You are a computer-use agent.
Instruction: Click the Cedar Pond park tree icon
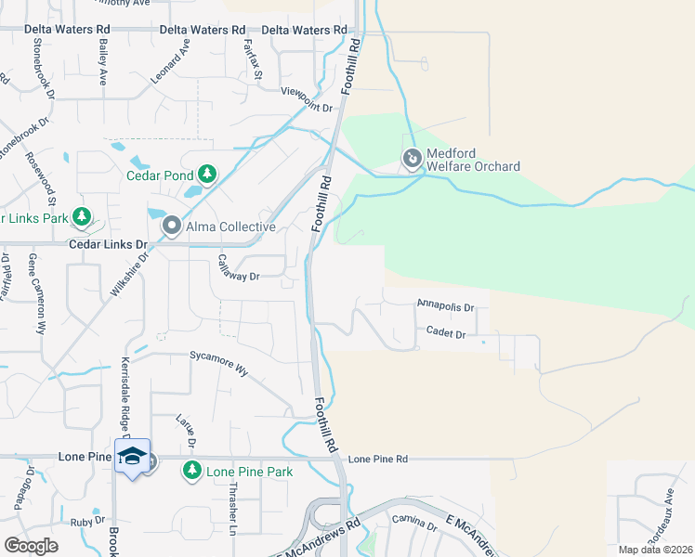point(207,175)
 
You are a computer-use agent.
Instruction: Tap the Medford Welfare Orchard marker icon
point(412,160)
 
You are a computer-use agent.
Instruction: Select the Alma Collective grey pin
point(172,226)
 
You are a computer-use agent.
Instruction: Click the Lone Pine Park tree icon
point(192,471)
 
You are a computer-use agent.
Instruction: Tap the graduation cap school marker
point(132,457)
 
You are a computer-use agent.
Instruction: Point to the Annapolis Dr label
point(446,305)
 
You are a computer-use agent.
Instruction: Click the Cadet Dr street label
point(446,331)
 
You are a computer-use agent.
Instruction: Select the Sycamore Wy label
point(218,362)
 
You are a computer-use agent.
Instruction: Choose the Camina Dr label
point(414,523)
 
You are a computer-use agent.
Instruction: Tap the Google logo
point(31,546)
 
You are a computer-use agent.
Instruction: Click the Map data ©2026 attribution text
point(656,550)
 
